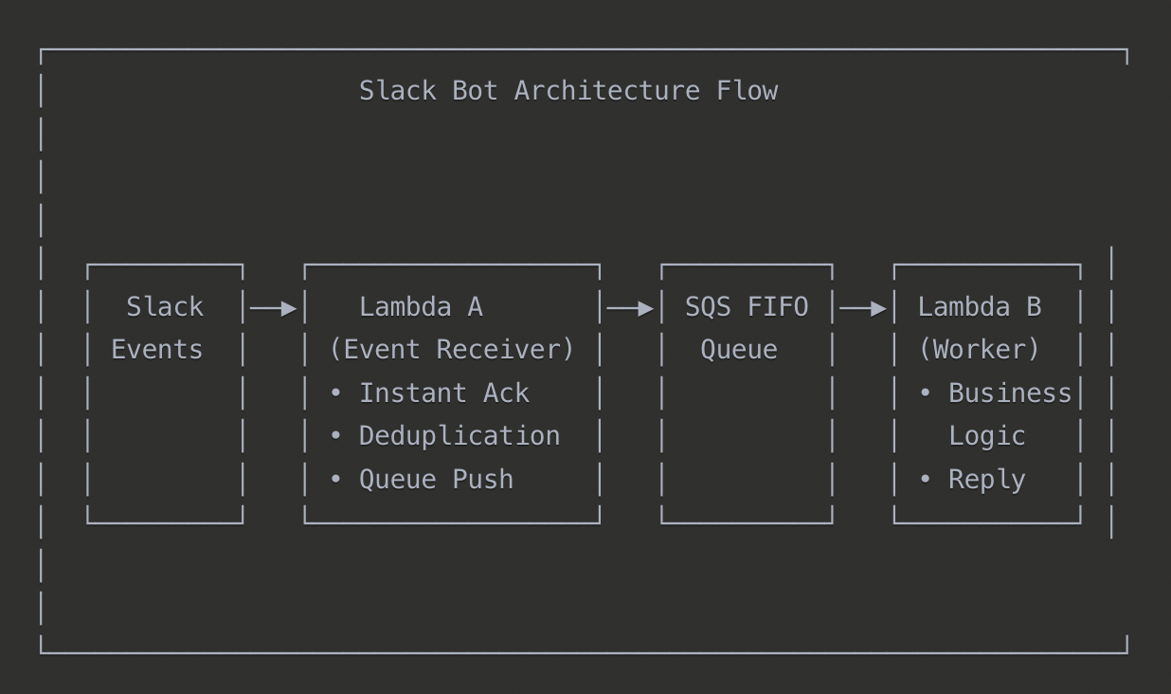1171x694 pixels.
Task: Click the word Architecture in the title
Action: [x=606, y=91]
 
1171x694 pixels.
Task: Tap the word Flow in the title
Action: [x=747, y=91]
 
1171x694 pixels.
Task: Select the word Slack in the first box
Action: [x=165, y=307]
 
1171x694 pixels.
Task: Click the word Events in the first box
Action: [x=157, y=350]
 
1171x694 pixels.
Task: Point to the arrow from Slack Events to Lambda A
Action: [x=274, y=308]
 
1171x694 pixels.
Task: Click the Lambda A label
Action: [x=421, y=307]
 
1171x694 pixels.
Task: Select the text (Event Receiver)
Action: [x=452, y=350]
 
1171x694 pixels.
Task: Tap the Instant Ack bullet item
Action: [x=442, y=393]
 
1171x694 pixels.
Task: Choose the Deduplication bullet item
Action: [x=459, y=436]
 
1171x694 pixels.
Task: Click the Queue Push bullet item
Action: [x=435, y=479]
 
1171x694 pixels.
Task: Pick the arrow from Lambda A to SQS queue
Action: [x=630, y=308]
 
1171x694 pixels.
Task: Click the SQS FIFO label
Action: [x=747, y=307]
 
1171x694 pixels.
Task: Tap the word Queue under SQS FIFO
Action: [x=739, y=350]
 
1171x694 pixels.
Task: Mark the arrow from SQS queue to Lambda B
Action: [x=863, y=308]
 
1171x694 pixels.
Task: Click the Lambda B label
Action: [x=980, y=307]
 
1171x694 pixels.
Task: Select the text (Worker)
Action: [x=980, y=350]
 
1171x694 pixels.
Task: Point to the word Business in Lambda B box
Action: [x=1010, y=393]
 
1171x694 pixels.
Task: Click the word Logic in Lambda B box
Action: [x=987, y=436]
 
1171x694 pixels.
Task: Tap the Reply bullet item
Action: [x=986, y=479]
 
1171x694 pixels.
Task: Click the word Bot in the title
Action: [x=475, y=91]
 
